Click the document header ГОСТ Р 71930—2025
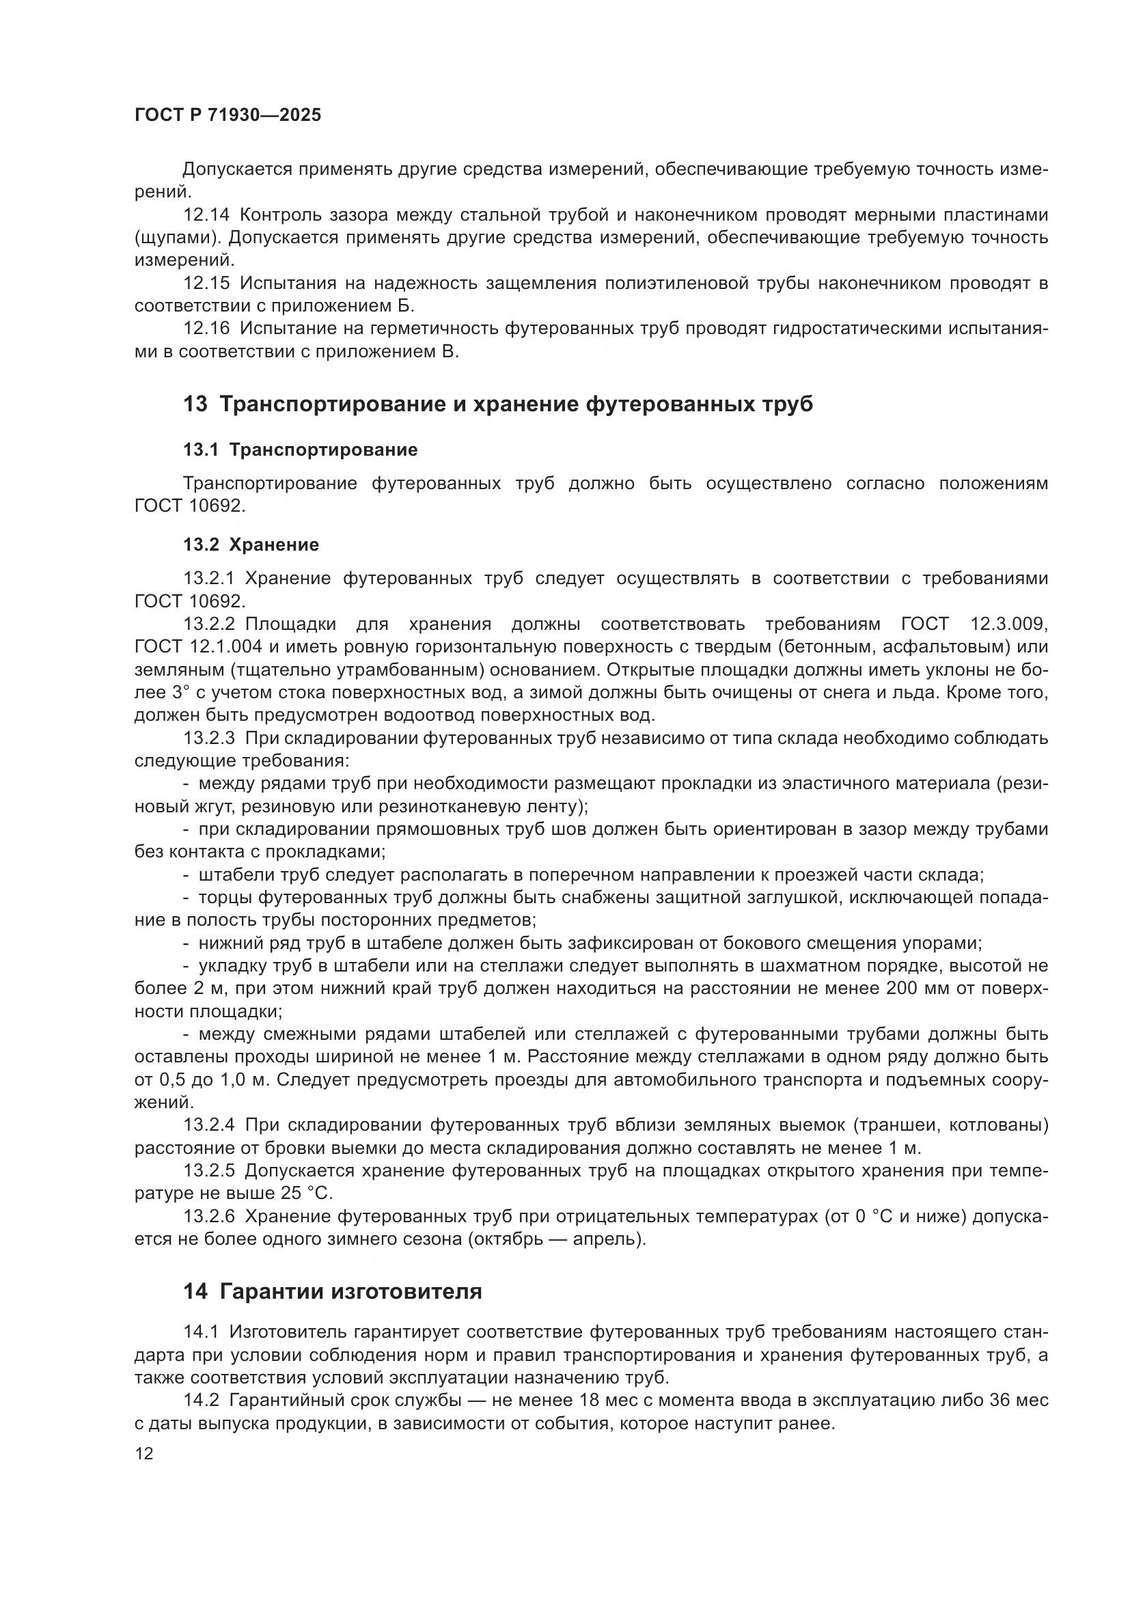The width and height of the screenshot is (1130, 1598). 228,115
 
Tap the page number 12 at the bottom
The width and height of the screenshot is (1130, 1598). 144,1453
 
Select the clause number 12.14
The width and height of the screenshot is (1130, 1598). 206,215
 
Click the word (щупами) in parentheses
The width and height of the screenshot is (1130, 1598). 178,238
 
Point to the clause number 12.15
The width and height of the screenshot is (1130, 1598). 206,284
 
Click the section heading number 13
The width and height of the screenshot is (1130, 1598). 195,404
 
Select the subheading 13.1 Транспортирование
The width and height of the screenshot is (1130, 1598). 301,450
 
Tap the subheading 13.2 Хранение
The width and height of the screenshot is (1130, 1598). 251,545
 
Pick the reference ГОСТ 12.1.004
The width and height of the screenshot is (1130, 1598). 198,646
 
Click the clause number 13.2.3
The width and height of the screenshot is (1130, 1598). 210,738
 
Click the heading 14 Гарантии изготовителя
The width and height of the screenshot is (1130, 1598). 333,1292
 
